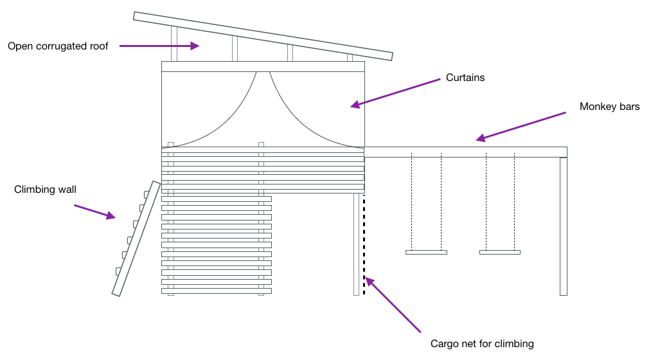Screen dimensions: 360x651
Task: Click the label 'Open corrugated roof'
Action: coord(58,46)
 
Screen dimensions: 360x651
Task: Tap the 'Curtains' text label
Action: coord(465,78)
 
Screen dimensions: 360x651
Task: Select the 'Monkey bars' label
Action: coord(609,107)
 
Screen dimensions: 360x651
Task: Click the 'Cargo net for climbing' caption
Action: coord(482,344)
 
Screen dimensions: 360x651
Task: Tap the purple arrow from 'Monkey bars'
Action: coord(521,126)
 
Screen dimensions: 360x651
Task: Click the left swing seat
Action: coord(426,252)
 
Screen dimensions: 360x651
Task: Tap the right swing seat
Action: coord(500,252)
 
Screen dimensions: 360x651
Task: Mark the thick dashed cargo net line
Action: coord(364,244)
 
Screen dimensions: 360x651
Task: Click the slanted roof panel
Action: coord(263,35)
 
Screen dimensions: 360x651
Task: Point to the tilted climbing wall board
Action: coord(136,239)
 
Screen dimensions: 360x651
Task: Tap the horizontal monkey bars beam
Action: coord(465,152)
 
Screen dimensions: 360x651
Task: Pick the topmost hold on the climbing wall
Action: coord(147,194)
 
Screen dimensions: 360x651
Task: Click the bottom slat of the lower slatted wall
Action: coord(216,291)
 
